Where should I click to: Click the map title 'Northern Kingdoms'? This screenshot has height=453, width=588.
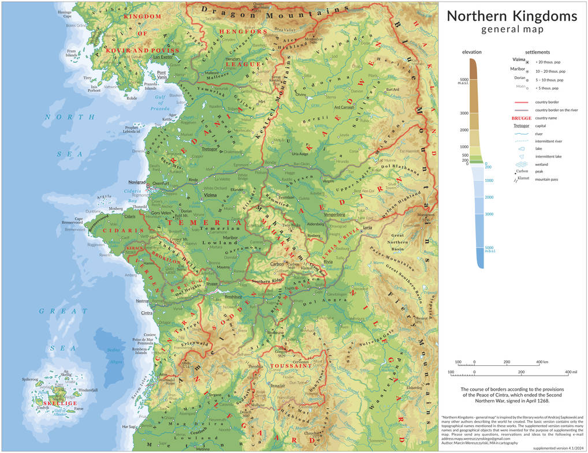(512, 16)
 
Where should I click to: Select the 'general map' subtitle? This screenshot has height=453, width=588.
(512, 30)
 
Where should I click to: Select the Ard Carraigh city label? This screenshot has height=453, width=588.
(344, 107)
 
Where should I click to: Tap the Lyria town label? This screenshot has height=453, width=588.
(367, 228)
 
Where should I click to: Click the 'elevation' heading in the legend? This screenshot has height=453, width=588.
(472, 53)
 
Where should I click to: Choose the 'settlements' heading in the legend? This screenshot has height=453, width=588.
(537, 53)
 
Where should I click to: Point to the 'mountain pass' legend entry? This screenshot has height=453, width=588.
(549, 179)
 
